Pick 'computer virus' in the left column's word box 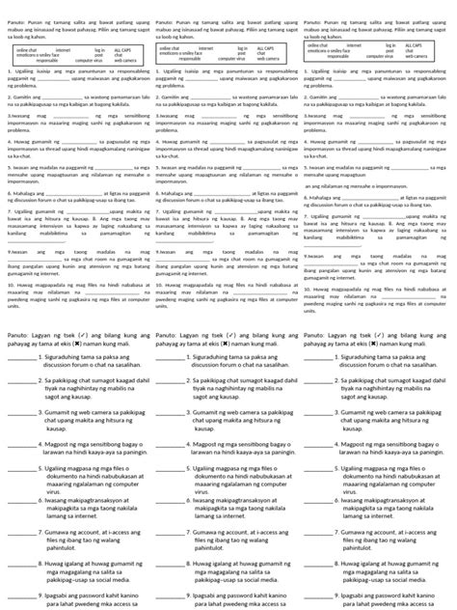pyautogui.click(x=84, y=59)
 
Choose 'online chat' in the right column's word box pyautogui.click(x=320, y=45)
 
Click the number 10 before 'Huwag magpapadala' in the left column pyautogui.click(x=11, y=286)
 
